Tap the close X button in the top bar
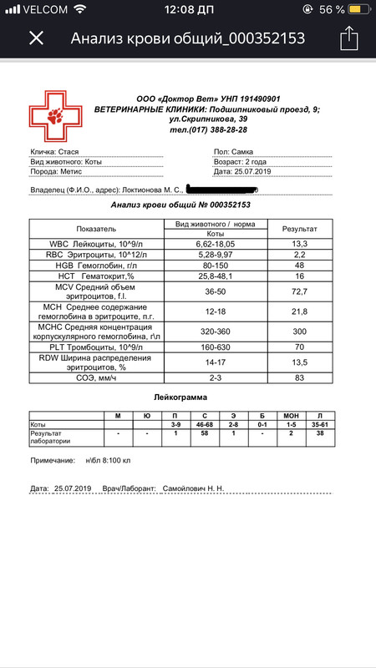click(36, 38)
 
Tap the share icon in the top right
click(348, 38)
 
